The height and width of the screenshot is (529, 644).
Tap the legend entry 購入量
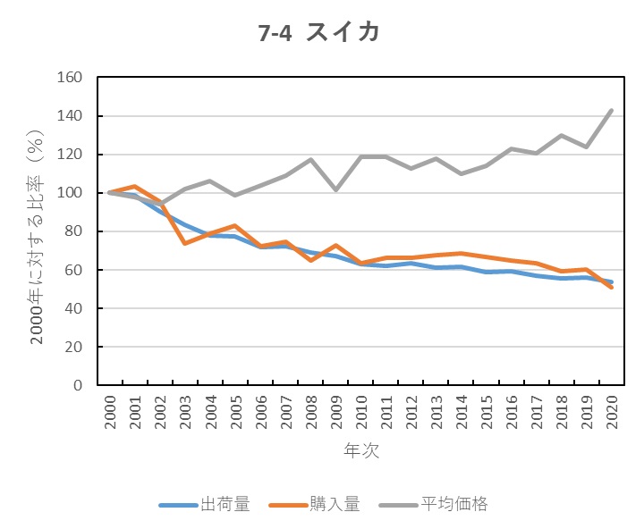point(338,504)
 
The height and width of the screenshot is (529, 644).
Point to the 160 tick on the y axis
point(70,78)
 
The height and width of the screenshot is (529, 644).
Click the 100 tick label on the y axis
point(70,193)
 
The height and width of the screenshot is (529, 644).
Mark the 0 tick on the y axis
point(77,385)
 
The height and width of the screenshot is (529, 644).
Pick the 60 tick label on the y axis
point(73,270)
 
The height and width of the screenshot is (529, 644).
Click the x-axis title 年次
point(361,451)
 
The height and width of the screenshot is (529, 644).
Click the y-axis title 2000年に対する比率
point(38,231)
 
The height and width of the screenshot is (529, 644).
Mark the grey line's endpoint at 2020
point(611,111)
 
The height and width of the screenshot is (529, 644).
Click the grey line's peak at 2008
point(311,160)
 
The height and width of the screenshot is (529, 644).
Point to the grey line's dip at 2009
point(336,189)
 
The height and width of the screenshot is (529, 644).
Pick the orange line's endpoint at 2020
point(611,288)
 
